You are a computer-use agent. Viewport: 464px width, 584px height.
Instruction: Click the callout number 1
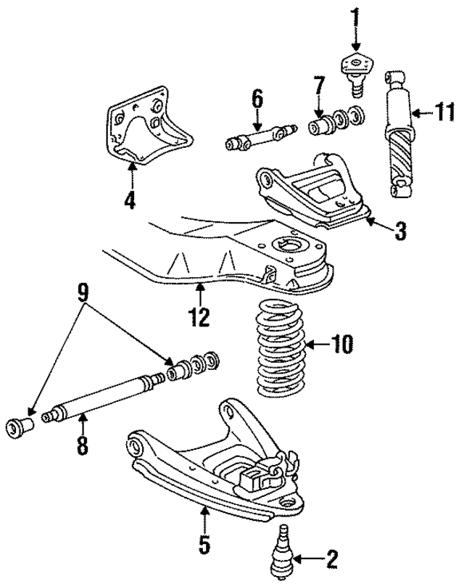coord(355,14)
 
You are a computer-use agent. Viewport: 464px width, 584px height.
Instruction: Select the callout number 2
coord(332,559)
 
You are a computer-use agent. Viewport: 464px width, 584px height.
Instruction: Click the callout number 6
coord(256,98)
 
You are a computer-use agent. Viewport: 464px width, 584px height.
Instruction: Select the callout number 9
coord(83,293)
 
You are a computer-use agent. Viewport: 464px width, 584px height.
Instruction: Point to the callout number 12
coord(199,316)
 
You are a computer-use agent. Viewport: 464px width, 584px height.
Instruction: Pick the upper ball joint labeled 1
coord(355,71)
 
